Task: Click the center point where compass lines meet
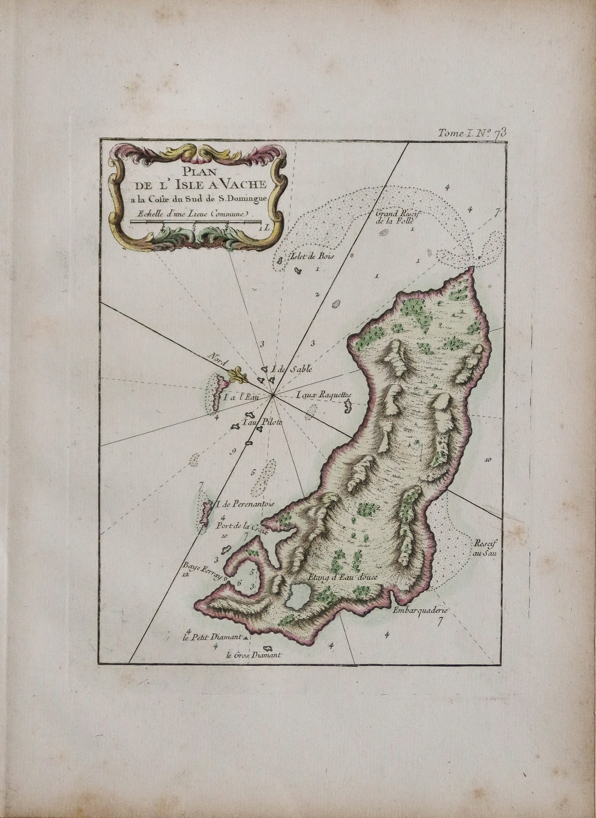[x=273, y=396]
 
